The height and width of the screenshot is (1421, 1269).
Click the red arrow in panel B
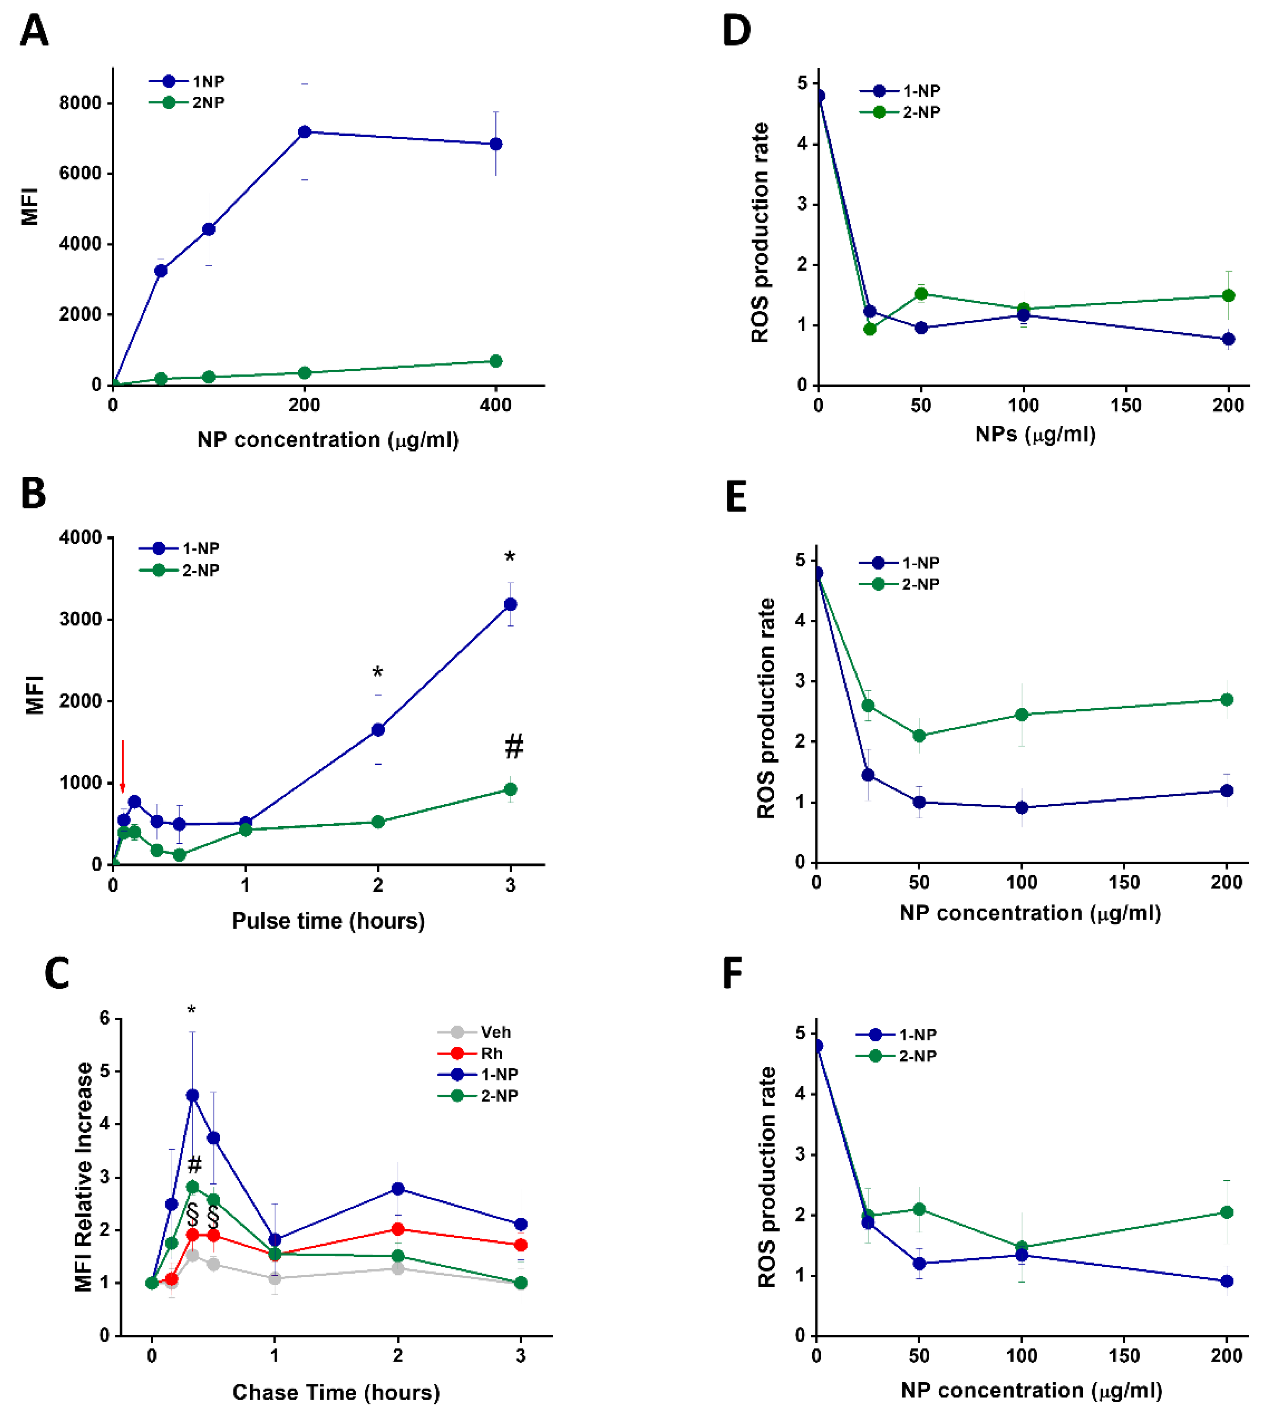click(x=123, y=766)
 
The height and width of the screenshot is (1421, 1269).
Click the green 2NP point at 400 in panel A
click(x=496, y=361)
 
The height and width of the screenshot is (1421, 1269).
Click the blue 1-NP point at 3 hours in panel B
click(x=511, y=604)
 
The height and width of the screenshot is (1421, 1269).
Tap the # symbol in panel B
click(x=514, y=747)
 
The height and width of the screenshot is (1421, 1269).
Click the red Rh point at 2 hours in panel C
click(x=398, y=1229)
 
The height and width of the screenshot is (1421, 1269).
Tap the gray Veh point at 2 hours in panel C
click(x=398, y=1268)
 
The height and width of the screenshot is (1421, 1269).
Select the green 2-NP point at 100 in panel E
click(x=1021, y=715)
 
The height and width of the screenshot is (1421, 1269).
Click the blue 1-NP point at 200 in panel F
click(x=1227, y=1281)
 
